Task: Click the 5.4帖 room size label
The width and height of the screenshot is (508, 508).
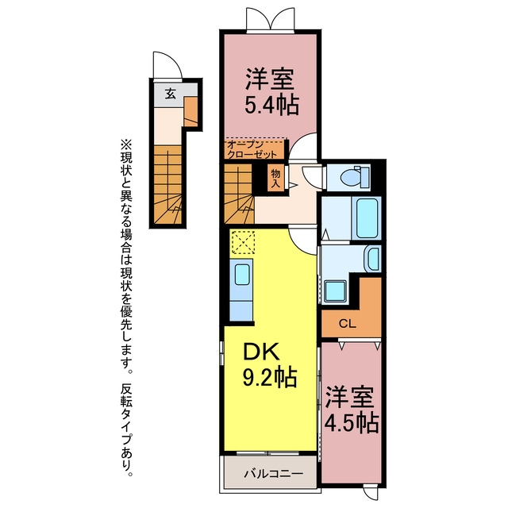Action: point(271,105)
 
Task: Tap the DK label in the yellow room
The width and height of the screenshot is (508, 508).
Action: point(261,352)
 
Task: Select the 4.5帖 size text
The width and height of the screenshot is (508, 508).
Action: point(352,422)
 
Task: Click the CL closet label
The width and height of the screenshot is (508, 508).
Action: point(348,323)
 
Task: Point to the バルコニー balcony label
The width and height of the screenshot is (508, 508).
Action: point(274,474)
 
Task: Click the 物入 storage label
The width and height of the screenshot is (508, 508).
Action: point(275,179)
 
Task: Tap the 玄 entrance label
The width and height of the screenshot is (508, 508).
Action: point(171,94)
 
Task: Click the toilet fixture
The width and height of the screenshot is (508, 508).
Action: point(355,176)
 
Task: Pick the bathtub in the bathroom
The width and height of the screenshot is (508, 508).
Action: point(367,218)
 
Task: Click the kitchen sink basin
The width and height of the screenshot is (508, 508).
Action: point(242,274)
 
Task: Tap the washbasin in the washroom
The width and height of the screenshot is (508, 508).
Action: point(373,258)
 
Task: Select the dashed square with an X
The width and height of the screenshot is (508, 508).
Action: point(243,241)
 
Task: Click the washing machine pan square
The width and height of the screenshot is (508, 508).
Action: point(335,291)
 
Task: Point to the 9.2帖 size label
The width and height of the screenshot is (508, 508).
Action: point(270,377)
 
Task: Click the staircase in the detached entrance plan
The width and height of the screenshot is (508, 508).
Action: point(167,185)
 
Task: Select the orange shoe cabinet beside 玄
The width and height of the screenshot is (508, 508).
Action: point(190,111)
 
